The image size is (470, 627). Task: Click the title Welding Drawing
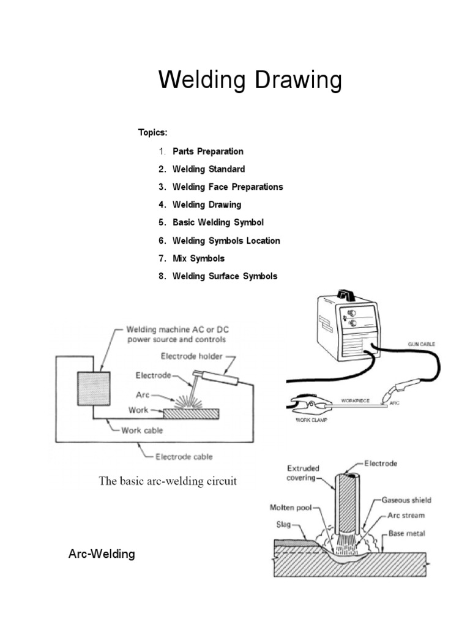(250, 81)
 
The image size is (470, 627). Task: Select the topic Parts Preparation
(208, 151)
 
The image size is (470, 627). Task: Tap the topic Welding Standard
(209, 169)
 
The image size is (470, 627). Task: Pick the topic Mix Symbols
(198, 258)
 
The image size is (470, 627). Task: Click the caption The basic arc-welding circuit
(168, 481)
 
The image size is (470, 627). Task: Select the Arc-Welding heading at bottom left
(101, 555)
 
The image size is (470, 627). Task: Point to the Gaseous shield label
(406, 500)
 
